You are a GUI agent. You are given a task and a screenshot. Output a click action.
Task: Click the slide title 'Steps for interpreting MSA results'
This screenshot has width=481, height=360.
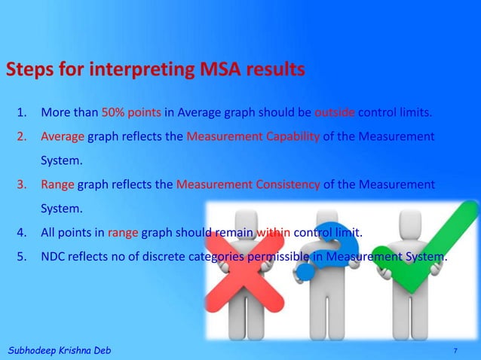point(155,70)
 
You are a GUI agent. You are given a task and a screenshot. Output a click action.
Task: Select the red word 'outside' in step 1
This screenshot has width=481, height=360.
point(335,114)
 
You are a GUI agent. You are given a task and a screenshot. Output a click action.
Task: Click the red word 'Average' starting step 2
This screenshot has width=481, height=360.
point(63,137)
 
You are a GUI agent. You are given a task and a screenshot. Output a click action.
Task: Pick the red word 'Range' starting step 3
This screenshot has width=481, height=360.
point(57,184)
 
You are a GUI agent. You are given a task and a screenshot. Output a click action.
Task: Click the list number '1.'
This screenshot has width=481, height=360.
point(23,114)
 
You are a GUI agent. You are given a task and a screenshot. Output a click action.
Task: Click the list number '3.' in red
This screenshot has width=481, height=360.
point(23,184)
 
